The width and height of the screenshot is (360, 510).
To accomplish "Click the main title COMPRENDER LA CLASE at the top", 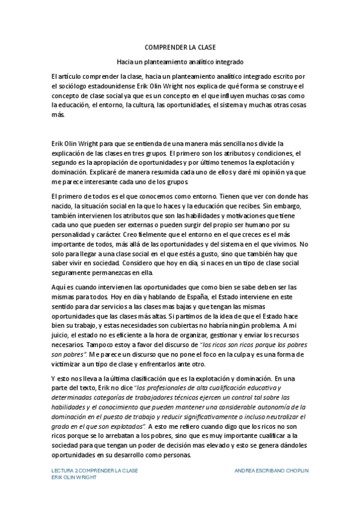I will point(180,47).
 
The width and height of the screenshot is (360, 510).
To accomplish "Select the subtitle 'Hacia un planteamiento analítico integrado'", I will point(180,62).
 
